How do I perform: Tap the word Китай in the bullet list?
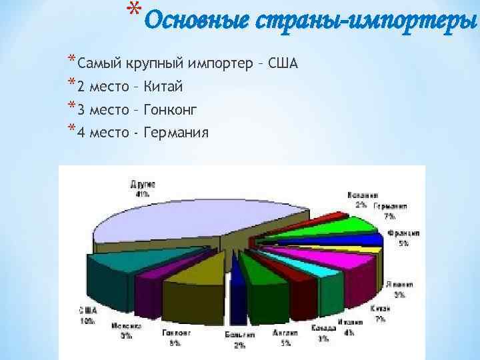163,87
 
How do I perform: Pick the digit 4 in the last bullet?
81,132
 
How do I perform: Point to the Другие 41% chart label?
142,189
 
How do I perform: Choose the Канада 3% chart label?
323,333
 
